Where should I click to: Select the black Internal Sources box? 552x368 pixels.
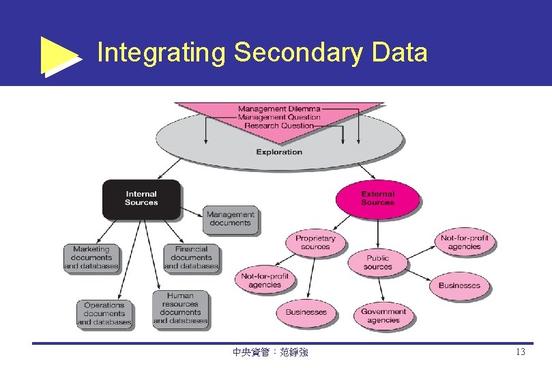pyautogui.click(x=141, y=199)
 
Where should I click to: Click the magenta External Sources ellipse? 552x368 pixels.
pyautogui.click(x=377, y=198)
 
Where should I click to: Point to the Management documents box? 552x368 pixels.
pyautogui.click(x=230, y=219)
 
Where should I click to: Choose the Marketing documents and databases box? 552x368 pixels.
pyautogui.click(x=91, y=258)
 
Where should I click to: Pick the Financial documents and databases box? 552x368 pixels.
pyautogui.click(x=191, y=258)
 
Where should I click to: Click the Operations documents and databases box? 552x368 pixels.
pyautogui.click(x=104, y=313)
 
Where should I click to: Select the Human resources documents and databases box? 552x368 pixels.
pyautogui.click(x=180, y=309)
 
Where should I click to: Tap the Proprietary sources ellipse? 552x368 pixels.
pyautogui.click(x=315, y=242)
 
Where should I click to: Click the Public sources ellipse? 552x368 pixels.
pyautogui.click(x=377, y=263)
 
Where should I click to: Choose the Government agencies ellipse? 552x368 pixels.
pyautogui.click(x=383, y=316)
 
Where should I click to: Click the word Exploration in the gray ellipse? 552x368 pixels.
pyautogui.click(x=279, y=152)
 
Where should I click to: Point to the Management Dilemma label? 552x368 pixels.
pyautogui.click(x=278, y=109)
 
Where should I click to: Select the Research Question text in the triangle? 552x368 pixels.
pyautogui.click(x=278, y=126)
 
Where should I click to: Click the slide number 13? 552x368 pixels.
pyautogui.click(x=520, y=352)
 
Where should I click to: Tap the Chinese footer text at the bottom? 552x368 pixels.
pyautogui.click(x=270, y=352)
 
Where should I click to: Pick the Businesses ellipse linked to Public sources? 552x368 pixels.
pyautogui.click(x=459, y=285)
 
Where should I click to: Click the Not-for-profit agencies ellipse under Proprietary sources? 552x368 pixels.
pyautogui.click(x=265, y=280)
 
